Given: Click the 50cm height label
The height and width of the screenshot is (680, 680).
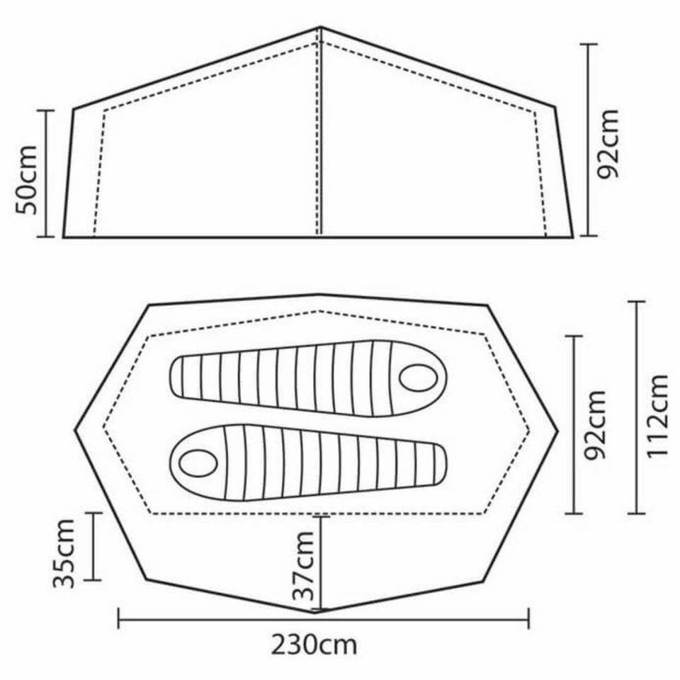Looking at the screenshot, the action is pos(26,180).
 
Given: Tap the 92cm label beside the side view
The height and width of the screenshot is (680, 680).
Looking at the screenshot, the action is pos(608,144).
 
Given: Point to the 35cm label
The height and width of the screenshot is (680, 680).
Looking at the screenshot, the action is pos(64,553).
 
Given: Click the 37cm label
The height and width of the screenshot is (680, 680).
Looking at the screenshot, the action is pos(304,565).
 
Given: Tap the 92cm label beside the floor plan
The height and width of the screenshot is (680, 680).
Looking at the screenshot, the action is pos(594,425).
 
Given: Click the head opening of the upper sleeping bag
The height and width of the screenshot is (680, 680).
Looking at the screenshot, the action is pos(418,378).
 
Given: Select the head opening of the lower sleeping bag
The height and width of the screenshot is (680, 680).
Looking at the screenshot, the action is pos(198,463).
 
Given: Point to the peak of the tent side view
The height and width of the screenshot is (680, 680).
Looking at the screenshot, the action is pos(320,28).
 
